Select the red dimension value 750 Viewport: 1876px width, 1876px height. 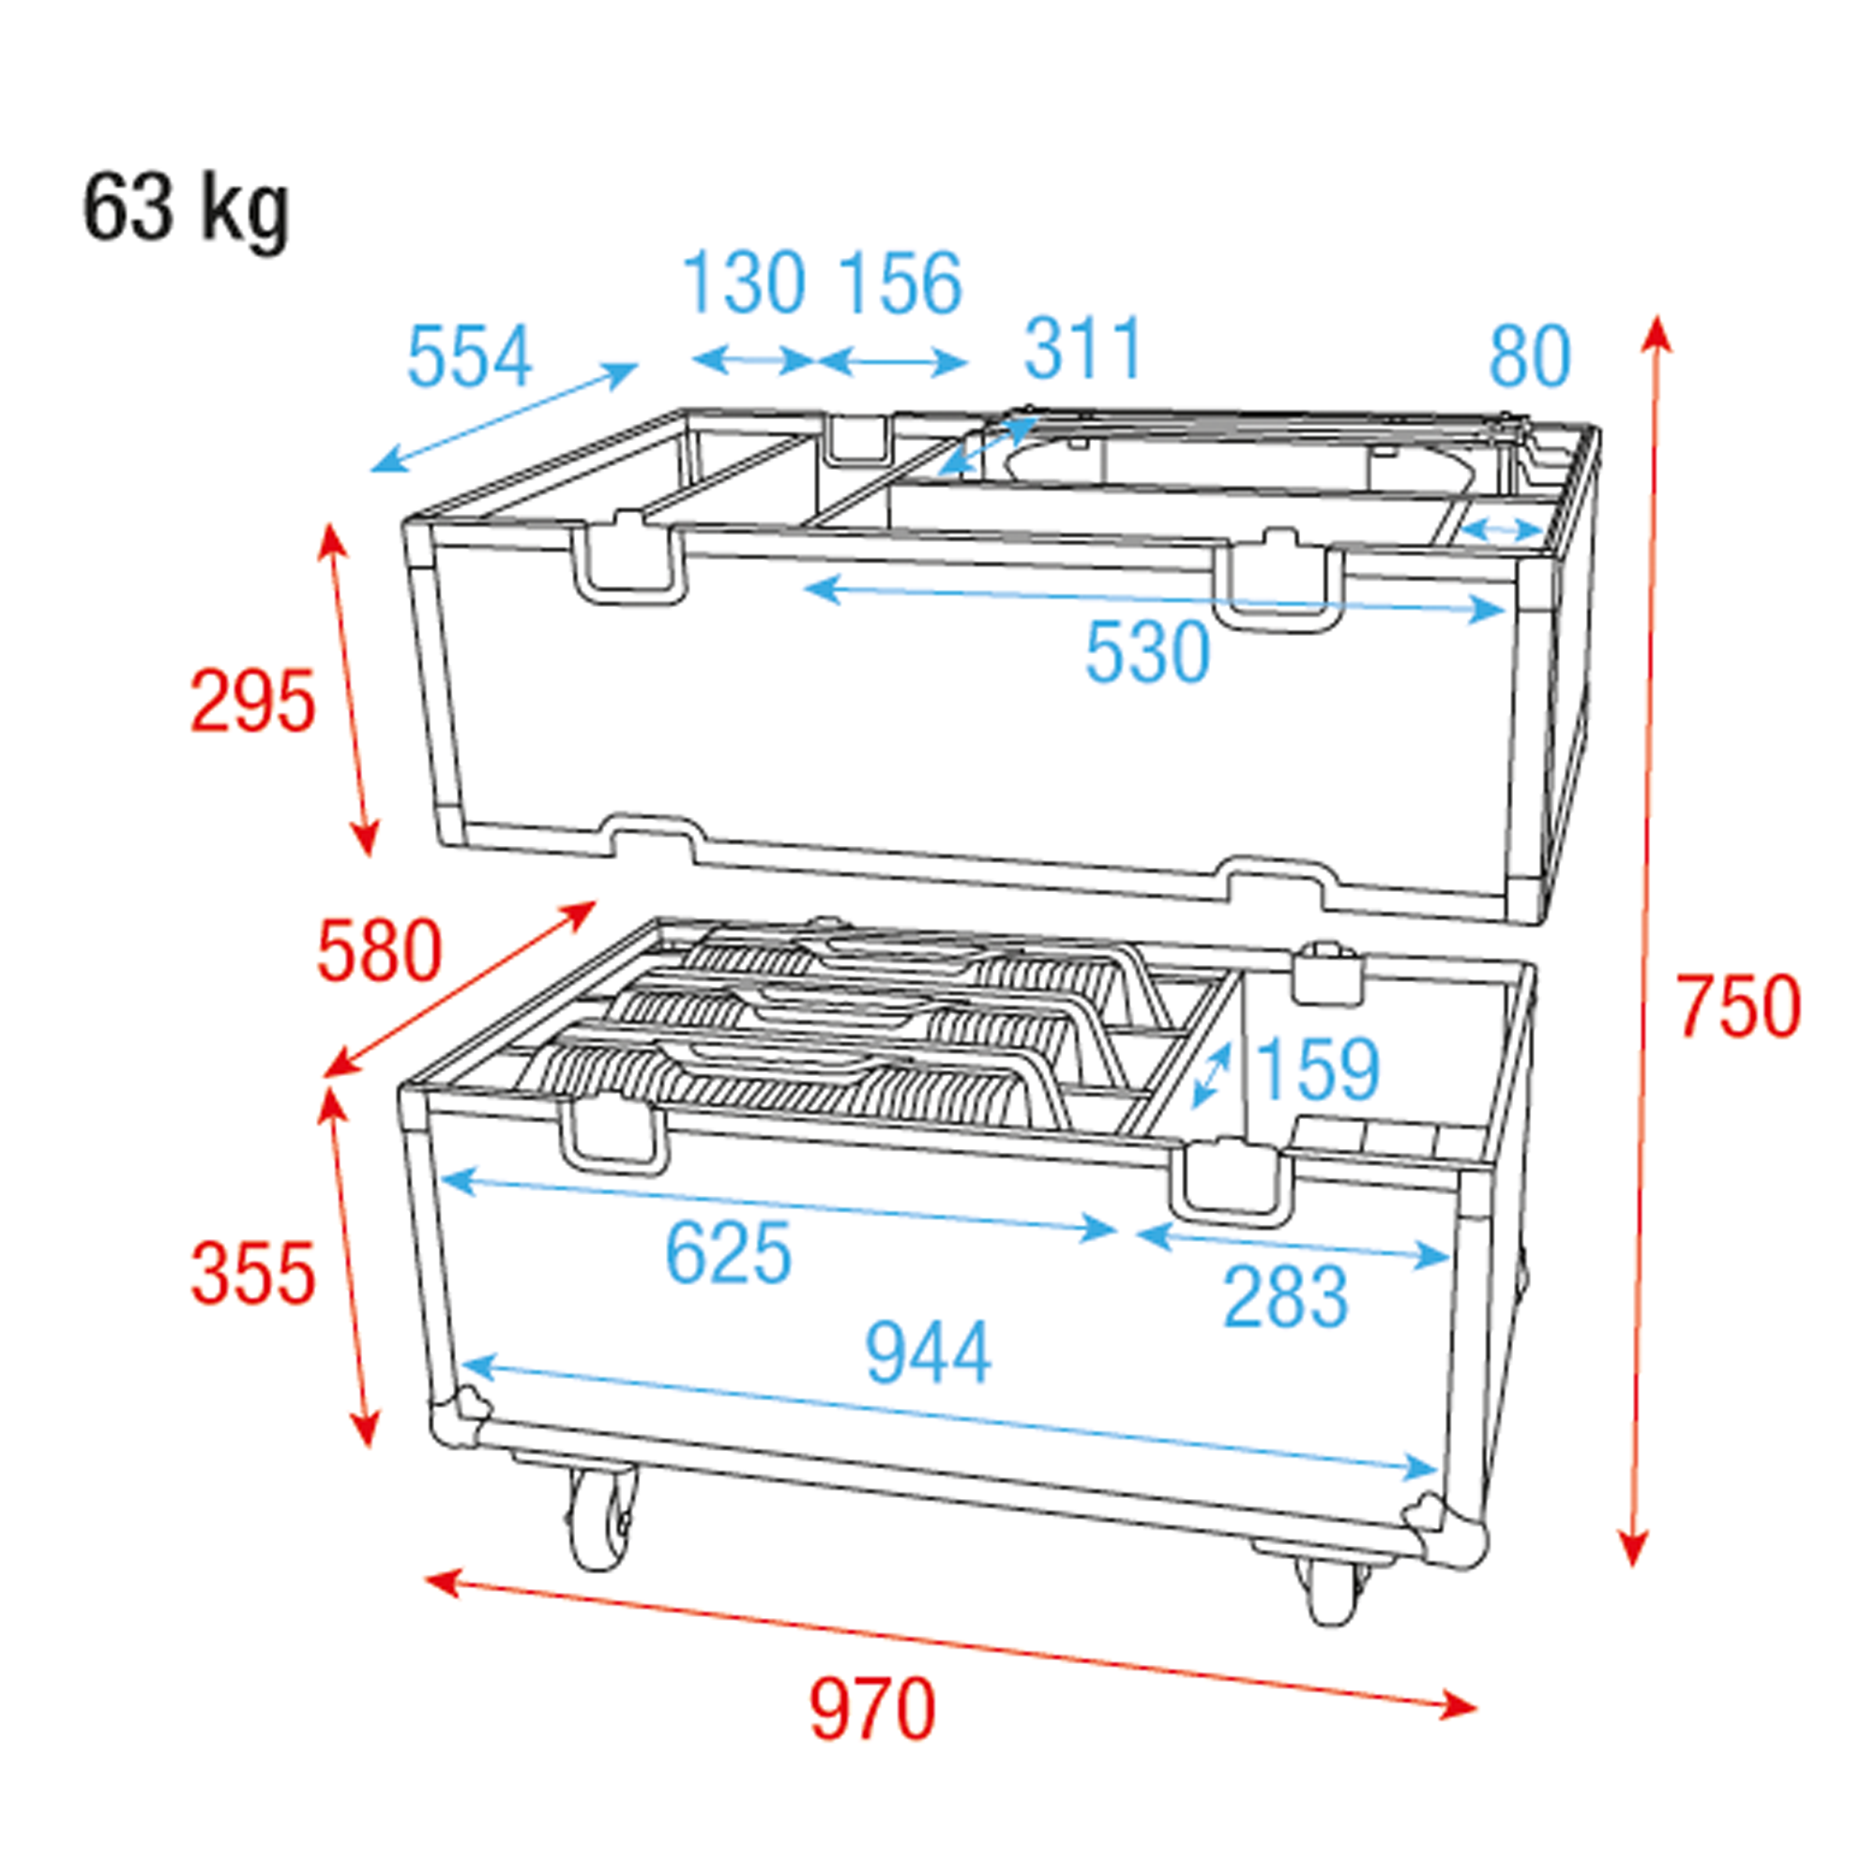1738,1006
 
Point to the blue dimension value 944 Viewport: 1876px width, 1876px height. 928,1352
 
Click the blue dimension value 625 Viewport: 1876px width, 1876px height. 728,1252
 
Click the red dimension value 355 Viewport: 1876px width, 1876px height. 252,1274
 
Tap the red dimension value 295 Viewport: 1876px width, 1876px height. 252,700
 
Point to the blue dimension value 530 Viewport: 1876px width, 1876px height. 1147,652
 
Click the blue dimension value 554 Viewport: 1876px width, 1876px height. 469,356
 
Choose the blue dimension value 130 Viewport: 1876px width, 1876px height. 744,282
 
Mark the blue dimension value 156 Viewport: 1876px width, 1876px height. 900,282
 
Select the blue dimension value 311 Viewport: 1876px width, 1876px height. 1083,349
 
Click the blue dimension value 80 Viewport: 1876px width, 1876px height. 1529,356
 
